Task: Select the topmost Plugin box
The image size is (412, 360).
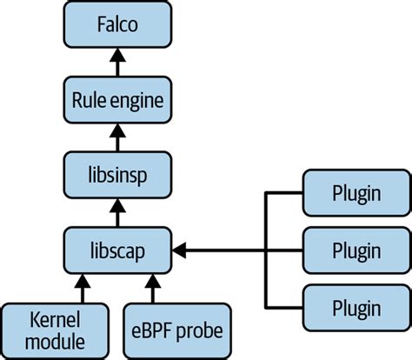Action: pos(356,193)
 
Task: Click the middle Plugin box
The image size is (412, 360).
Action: pos(356,251)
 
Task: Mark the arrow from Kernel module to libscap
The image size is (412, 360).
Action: pos(84,288)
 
